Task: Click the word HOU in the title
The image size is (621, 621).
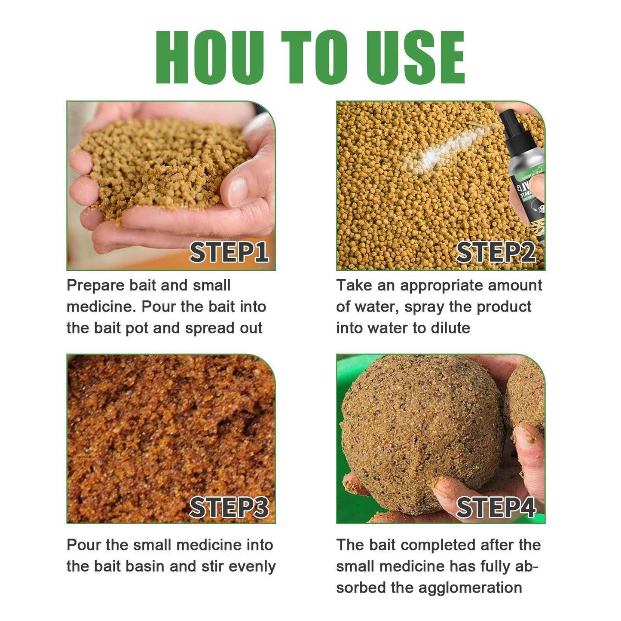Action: tap(210, 58)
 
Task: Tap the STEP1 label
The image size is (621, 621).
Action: tap(229, 252)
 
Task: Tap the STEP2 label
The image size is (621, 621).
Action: tap(496, 252)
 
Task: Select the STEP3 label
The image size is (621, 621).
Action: tap(229, 508)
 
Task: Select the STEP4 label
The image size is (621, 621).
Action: tap(496, 508)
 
